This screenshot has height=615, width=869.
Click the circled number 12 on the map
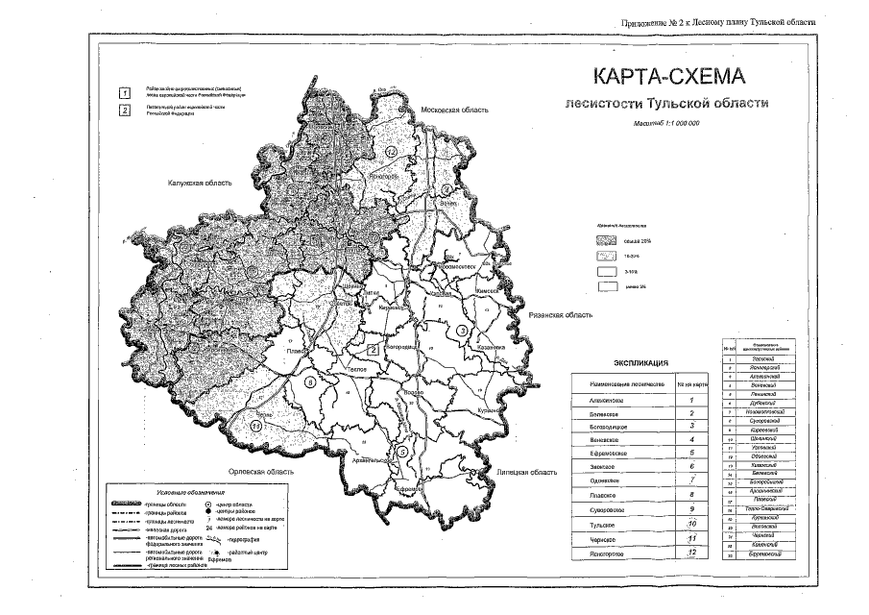tap(390, 153)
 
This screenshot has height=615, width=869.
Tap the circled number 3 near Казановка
tap(461, 331)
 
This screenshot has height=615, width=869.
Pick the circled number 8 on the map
tap(308, 382)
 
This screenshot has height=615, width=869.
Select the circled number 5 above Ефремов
tap(403, 451)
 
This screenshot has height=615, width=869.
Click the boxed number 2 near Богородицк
tap(372, 349)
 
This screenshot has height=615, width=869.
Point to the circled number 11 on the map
tap(255, 425)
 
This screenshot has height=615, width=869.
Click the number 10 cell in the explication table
tap(691, 524)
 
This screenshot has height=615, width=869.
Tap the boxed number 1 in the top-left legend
tap(124, 93)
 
